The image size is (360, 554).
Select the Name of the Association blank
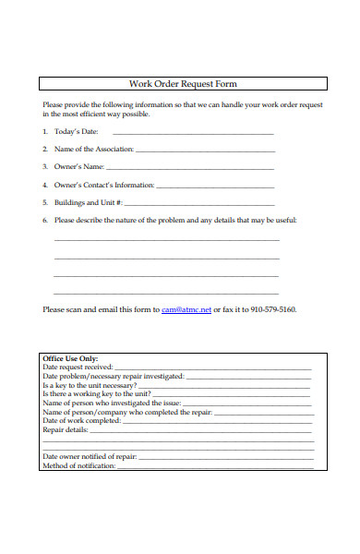pos(205,151)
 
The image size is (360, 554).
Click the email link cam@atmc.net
pos(186,310)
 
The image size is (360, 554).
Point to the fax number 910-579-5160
pos(273,310)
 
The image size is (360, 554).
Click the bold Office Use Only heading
pos(70,359)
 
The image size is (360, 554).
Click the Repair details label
pos(66,430)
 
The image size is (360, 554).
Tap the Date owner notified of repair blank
pos(226,457)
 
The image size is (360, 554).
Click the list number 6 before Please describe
pos(45,221)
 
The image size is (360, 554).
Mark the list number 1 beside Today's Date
pos(45,132)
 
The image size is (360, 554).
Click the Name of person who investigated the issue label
pos(103,403)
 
